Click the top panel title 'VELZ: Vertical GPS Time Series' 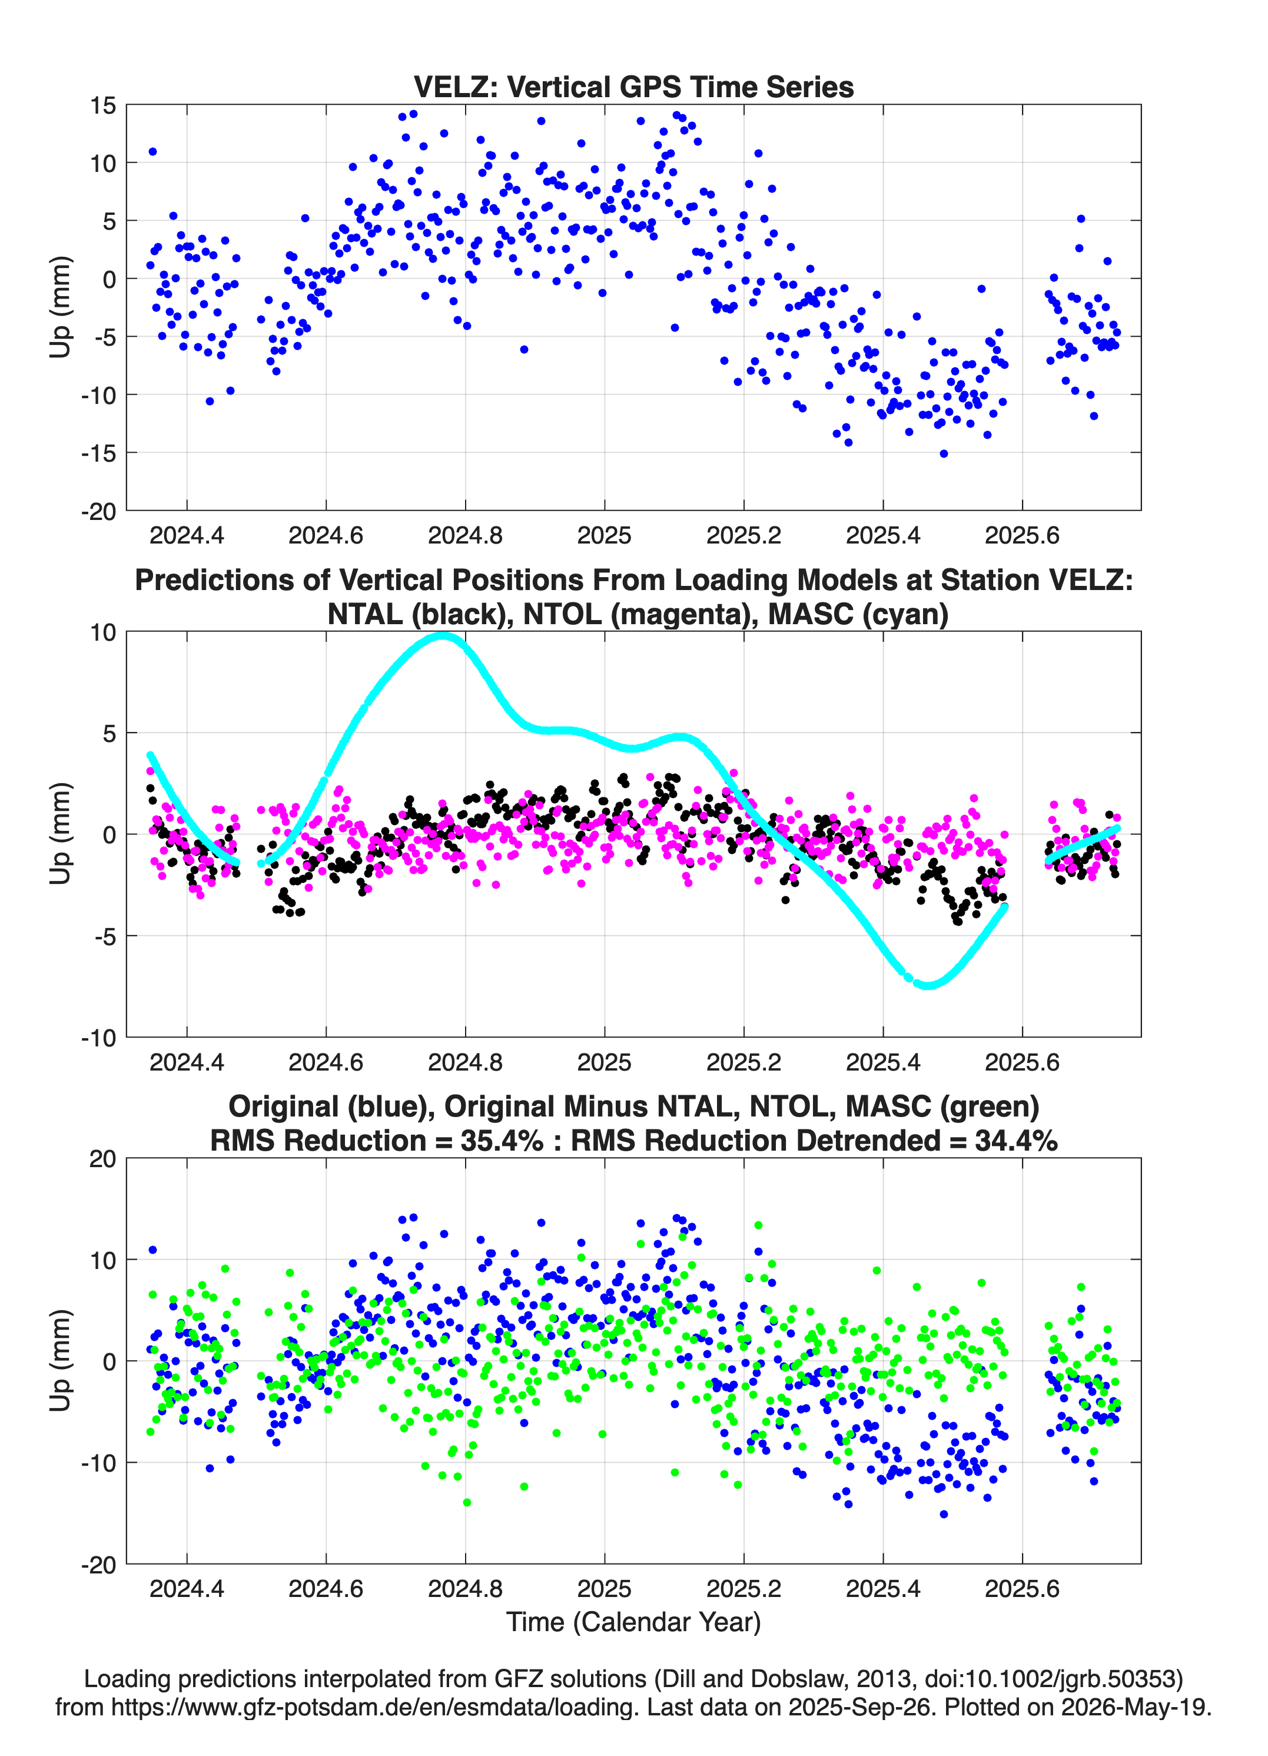point(633,87)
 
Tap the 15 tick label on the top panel point(103,105)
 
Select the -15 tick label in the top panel point(98,453)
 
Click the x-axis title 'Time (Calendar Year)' point(633,1621)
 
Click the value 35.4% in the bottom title point(502,1141)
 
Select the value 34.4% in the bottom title point(1017,1141)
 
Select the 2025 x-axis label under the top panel point(604,535)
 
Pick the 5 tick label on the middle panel point(109,733)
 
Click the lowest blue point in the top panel point(944,453)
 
